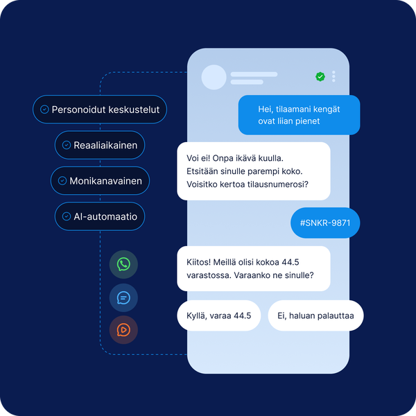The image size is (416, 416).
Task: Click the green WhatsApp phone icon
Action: pos(123,264)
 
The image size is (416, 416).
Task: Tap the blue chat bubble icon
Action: pos(123,297)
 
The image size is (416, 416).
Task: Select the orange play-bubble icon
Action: pos(123,330)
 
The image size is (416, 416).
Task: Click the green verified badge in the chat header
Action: pos(320,77)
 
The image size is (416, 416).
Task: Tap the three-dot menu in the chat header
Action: pos(333,76)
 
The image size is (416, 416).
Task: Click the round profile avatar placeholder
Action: pos(214,77)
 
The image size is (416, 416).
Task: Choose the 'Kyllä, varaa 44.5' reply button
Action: pos(219,315)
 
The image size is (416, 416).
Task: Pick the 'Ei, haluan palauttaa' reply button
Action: pos(315,315)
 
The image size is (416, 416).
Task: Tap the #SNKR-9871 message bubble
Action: pos(325,223)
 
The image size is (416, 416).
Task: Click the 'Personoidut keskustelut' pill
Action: pos(100,110)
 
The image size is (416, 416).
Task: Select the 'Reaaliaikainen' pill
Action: pos(100,145)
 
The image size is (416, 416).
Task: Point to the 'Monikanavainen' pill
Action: pos(100,181)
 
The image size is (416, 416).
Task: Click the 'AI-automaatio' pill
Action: pos(100,216)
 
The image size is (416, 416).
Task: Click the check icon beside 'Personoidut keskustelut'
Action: pos(44,110)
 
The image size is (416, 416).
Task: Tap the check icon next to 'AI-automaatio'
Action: pos(67,216)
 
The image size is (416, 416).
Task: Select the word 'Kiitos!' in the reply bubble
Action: pos(199,262)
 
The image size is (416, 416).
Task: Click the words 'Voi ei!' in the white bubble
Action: pos(198,158)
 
